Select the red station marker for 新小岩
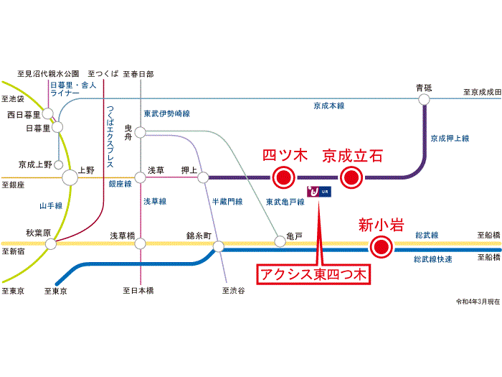point(381,248)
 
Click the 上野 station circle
point(70,176)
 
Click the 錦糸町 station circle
point(217,244)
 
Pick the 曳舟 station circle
point(140,132)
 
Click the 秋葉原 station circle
point(51,244)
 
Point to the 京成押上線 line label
point(450,138)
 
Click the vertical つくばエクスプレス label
point(110,136)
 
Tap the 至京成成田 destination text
point(480,92)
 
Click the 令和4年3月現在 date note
point(477,302)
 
